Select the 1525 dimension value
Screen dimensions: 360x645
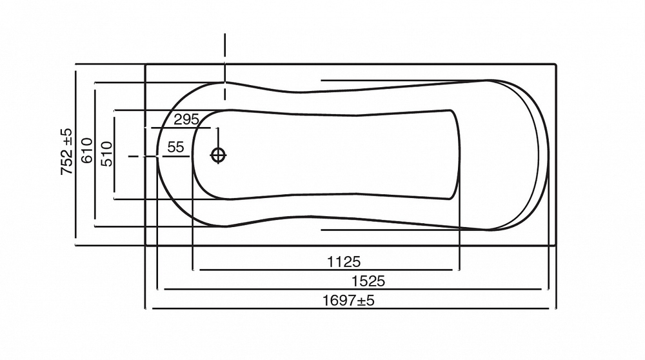[x=368, y=281]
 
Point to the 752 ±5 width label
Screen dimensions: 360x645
[x=66, y=152]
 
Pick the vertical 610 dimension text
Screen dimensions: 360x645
[x=88, y=151]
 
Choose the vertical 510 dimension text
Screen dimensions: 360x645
[x=106, y=154]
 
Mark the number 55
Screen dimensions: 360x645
[x=175, y=147]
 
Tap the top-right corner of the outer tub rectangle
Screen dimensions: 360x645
[x=555, y=63]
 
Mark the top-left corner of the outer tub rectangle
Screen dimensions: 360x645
[x=146, y=63]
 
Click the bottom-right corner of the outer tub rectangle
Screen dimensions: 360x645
[x=555, y=245]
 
